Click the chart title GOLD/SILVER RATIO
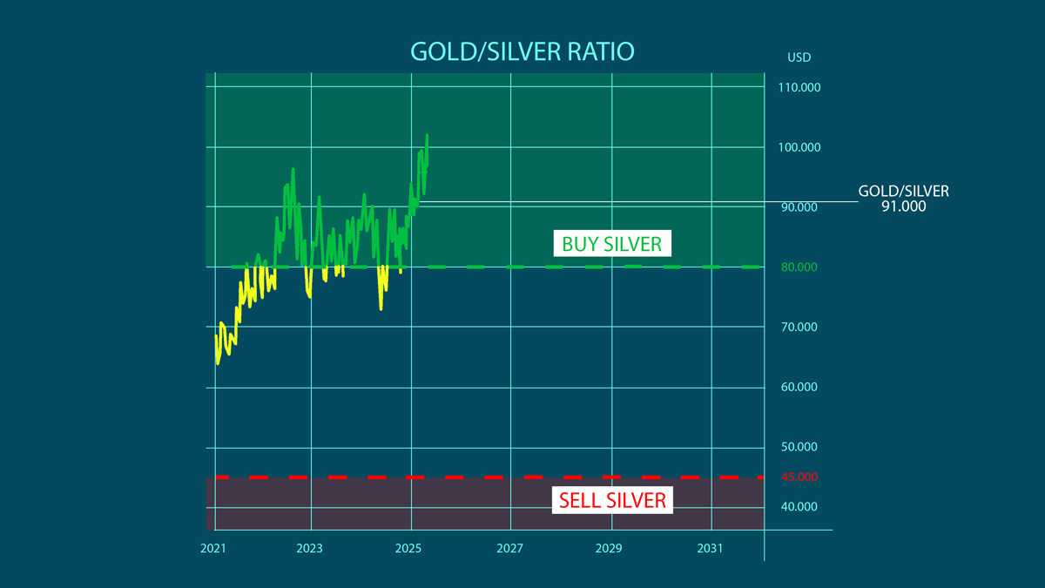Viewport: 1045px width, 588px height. click(x=522, y=51)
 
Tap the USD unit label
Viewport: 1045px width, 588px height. click(x=799, y=57)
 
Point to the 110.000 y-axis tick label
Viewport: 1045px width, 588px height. click(x=799, y=87)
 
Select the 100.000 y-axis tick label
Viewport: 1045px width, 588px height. click(x=799, y=147)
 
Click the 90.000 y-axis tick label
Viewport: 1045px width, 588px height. click(x=799, y=207)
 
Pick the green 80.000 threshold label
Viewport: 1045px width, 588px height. click(x=799, y=267)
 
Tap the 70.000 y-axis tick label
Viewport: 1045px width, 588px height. click(x=799, y=328)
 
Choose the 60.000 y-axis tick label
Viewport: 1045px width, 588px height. click(x=799, y=387)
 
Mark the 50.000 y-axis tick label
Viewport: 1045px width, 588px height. click(x=799, y=447)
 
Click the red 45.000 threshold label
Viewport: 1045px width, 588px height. click(x=799, y=476)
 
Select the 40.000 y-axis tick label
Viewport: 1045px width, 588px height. click(x=799, y=507)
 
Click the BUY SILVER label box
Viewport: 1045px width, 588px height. click(x=611, y=243)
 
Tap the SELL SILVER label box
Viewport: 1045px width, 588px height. click(x=612, y=500)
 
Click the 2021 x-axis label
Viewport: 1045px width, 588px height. click(x=213, y=549)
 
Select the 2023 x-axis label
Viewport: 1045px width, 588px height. click(x=309, y=549)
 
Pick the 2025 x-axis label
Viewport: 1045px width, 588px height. click(x=408, y=549)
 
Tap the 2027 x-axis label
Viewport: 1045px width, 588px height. click(x=510, y=549)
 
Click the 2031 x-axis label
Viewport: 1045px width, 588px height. click(x=710, y=549)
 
